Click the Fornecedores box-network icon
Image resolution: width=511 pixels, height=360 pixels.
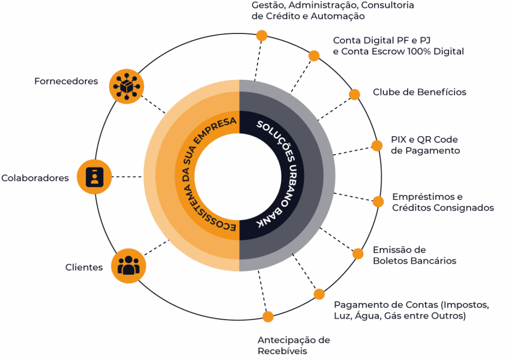(x=126, y=87)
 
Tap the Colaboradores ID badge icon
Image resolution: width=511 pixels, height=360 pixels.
(x=94, y=177)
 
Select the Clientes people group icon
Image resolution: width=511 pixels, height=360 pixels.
(x=128, y=266)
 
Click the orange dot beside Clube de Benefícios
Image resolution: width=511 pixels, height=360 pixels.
(x=355, y=94)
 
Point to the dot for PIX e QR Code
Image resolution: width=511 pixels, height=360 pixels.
(x=377, y=146)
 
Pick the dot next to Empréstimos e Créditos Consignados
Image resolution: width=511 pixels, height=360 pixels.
(x=378, y=202)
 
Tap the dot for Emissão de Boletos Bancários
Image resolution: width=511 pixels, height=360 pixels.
(x=358, y=254)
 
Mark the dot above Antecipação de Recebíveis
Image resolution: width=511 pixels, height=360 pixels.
(x=268, y=317)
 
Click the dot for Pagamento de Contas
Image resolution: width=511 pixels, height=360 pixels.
(x=319, y=294)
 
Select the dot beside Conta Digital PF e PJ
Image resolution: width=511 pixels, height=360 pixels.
(x=314, y=56)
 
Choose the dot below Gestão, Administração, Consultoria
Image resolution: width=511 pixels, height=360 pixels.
(x=261, y=35)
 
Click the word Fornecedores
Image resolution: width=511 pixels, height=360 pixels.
(x=66, y=81)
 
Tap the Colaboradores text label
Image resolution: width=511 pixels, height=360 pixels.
(x=35, y=178)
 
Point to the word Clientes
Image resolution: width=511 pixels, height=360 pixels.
(x=84, y=267)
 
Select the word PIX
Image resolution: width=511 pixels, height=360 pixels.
(x=398, y=140)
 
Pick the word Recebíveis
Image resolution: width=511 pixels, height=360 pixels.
(x=282, y=351)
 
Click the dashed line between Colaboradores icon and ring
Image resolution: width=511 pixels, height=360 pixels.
(x=127, y=177)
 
